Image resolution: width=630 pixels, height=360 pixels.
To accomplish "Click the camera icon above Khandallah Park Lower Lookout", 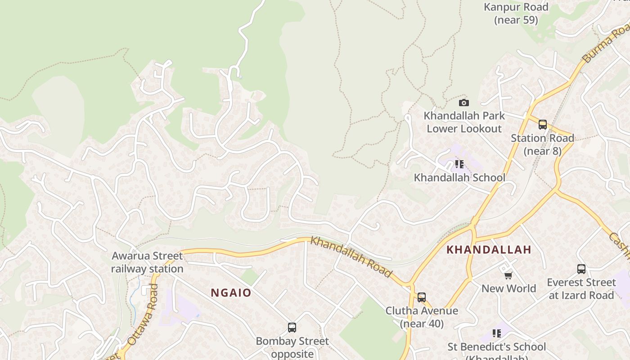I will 464,103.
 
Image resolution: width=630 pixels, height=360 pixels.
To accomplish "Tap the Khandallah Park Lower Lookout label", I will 464,122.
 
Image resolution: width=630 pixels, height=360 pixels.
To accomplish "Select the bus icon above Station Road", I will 543,124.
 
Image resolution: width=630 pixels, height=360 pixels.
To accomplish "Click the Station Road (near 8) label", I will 542,144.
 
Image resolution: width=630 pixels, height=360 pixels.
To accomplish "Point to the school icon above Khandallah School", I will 459,164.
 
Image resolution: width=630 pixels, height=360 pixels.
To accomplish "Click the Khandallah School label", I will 459,177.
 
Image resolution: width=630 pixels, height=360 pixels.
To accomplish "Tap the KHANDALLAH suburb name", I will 489,250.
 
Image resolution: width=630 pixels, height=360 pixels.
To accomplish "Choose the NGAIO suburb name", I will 231,293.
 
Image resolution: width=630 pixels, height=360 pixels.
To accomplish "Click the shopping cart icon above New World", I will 508,275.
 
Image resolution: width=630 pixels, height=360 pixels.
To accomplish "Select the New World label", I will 508,288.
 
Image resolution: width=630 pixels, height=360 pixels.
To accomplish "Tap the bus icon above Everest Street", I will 581,269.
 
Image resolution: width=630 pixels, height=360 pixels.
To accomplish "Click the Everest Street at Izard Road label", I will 581,289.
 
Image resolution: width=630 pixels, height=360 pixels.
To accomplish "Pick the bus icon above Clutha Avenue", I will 422,297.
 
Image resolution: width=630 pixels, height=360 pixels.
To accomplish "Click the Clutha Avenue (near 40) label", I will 422,317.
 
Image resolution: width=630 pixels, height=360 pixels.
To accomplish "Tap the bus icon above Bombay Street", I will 292,328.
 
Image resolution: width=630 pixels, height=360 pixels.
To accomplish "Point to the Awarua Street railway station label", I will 147,262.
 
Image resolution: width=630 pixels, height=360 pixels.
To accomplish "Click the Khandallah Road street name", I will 351,257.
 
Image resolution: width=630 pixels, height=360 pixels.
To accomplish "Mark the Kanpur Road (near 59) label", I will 516,13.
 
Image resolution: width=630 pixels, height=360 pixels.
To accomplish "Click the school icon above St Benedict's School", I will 497,333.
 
